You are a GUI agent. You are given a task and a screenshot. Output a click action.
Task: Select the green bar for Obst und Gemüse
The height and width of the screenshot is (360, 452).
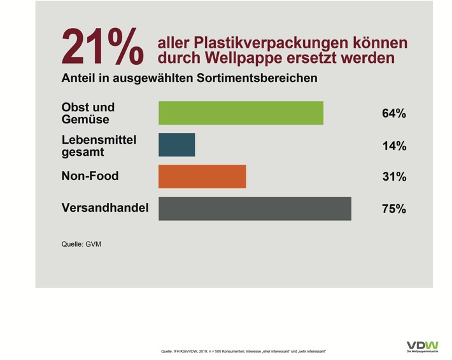click(241, 113)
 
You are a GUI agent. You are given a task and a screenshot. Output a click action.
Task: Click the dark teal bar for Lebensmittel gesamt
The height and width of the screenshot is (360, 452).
click(176, 145)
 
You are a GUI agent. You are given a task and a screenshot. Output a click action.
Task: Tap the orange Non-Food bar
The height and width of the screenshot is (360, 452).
click(202, 177)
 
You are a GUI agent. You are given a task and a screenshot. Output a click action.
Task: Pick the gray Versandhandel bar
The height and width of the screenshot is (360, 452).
click(255, 209)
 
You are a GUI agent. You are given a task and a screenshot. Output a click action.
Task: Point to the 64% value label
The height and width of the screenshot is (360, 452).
click(394, 114)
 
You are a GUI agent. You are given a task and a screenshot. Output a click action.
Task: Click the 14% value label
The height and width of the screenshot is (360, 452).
click(394, 146)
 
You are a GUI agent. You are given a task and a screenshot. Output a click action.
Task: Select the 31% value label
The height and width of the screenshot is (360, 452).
click(394, 177)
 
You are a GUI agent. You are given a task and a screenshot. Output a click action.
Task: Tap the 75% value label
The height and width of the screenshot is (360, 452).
click(394, 209)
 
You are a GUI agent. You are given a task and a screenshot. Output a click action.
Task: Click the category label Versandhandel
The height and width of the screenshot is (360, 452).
click(105, 207)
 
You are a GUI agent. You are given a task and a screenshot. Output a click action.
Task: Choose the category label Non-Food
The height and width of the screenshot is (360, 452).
click(90, 176)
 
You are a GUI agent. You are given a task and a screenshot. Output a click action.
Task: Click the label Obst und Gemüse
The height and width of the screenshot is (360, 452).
click(88, 113)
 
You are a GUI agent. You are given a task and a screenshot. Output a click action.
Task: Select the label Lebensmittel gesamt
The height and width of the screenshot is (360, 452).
click(99, 145)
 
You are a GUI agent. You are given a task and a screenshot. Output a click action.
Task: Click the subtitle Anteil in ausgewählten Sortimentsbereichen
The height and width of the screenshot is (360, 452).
click(189, 79)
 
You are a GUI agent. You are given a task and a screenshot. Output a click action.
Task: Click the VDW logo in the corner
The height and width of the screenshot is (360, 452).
click(422, 346)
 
